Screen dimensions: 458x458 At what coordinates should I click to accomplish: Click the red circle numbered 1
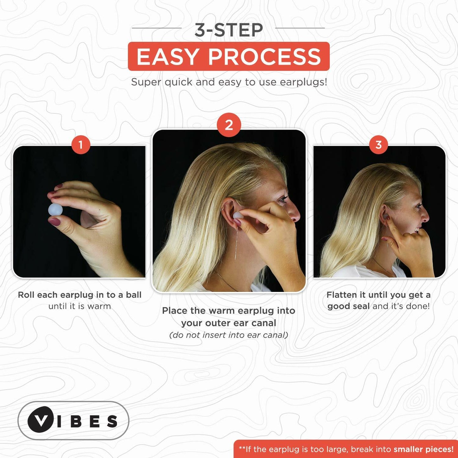81,145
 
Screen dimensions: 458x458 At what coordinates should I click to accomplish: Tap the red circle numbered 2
229,125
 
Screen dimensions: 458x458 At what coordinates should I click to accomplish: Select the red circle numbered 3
378,145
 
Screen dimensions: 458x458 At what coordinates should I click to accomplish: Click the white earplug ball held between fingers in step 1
55,210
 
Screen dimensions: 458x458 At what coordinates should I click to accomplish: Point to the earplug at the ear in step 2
238,216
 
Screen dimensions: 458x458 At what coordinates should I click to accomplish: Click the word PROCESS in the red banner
265,57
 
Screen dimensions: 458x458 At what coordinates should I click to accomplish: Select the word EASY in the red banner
168,57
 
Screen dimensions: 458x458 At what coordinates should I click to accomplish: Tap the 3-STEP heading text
229,30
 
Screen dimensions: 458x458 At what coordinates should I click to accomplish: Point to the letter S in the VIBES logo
112,421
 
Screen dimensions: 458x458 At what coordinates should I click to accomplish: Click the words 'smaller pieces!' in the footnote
423,449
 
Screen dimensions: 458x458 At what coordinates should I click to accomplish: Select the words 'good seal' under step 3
348,306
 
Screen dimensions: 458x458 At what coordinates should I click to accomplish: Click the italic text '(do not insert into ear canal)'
229,335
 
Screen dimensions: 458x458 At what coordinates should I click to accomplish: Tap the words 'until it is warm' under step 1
80,306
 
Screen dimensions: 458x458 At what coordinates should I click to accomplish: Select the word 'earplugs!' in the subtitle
304,82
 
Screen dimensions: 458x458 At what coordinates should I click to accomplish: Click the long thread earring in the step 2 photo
235,244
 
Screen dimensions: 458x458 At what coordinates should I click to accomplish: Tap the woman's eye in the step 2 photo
283,199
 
